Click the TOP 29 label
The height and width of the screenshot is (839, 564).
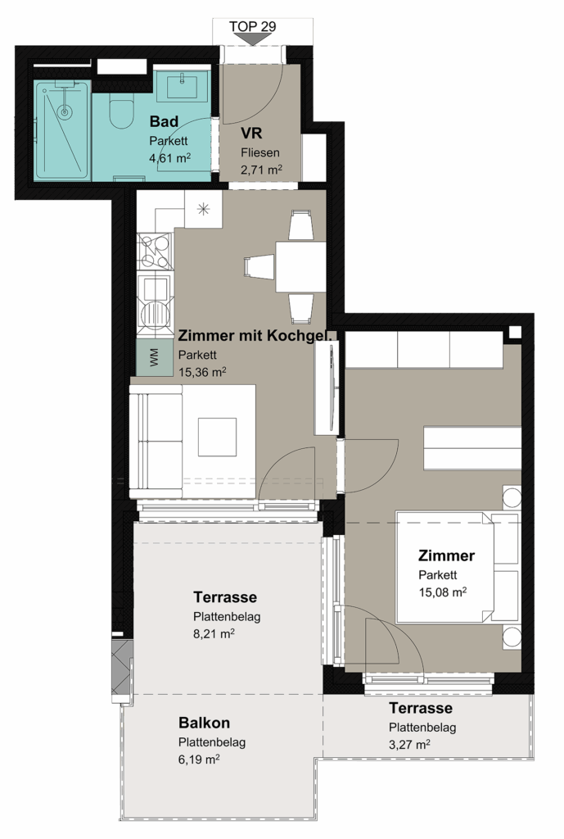coord(252,26)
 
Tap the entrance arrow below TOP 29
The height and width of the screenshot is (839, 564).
coord(252,39)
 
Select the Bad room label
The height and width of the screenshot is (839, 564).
coord(164,122)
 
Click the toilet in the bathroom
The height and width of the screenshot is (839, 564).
coord(121,111)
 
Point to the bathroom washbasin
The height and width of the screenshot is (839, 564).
coord(182,86)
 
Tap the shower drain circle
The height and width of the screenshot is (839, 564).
coord(65,112)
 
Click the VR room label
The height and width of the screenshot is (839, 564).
coord(251,134)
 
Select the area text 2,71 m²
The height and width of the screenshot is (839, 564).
coord(261,170)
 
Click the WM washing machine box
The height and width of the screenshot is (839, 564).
coord(155,357)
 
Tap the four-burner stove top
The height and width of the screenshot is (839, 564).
coord(155,252)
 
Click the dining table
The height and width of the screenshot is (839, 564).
coord(300,266)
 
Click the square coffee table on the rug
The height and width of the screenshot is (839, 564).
coord(217,437)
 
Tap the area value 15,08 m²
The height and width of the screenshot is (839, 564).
coord(442,592)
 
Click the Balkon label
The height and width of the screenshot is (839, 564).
coord(204,723)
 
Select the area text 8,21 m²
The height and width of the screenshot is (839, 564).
coord(214,634)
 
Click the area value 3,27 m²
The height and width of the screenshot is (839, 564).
coord(409,745)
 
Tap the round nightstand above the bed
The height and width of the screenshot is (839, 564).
coord(512,497)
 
